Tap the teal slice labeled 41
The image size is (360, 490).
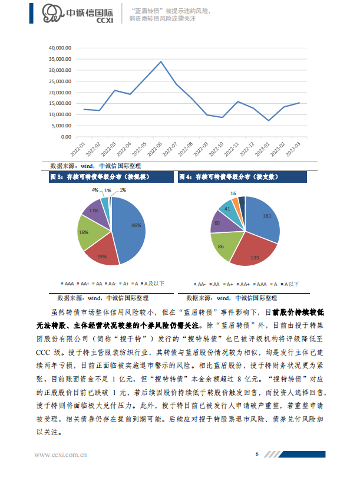pos(227,208)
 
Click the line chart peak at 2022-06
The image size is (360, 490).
pos(161,61)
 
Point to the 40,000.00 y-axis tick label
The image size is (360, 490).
pos(60,48)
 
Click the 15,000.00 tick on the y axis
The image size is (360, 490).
pos(60,103)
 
